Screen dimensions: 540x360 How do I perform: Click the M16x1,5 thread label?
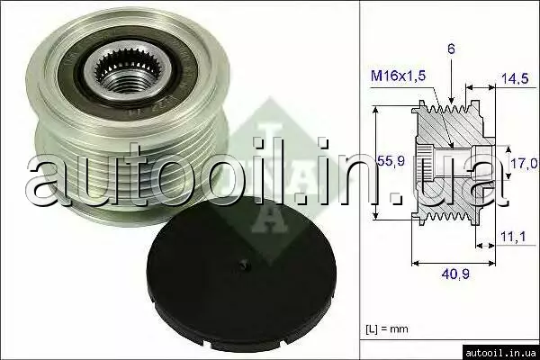398,76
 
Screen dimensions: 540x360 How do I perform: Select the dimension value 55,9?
391,160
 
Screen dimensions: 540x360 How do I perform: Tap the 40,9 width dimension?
455,274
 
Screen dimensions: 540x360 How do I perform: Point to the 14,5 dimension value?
515,78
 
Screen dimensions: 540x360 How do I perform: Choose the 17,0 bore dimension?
524,163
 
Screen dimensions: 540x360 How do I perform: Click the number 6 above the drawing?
451,49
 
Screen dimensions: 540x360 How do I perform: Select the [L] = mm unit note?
387,328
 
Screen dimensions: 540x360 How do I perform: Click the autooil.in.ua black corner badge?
500,353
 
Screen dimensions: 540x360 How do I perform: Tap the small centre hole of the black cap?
245,265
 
